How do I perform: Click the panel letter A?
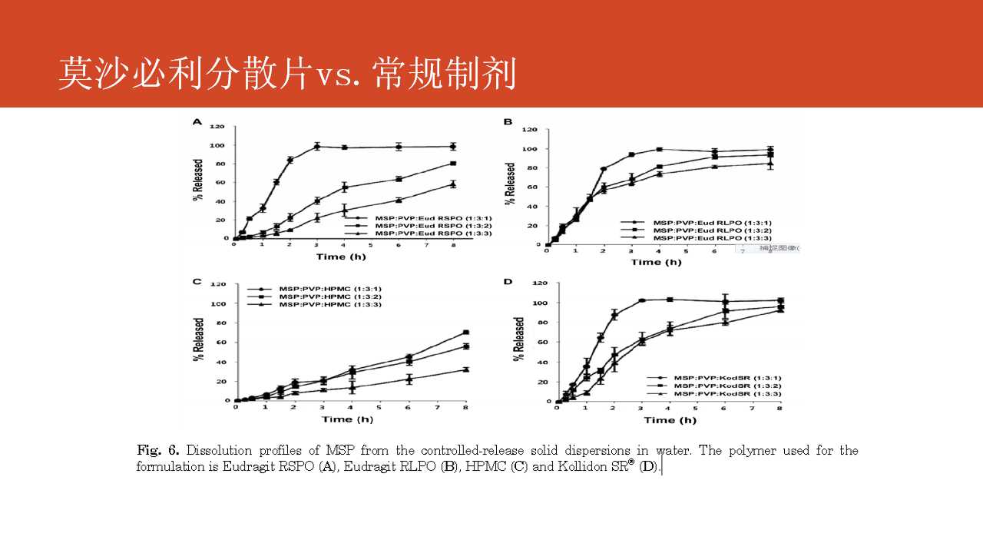197,122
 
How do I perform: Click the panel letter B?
508,122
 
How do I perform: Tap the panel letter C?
197,282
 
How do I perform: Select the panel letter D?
508,282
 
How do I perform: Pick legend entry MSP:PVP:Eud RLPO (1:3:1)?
710,222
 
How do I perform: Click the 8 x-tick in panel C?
466,408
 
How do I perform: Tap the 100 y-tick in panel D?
540,303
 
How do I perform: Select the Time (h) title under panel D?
670,420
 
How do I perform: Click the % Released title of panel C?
198,341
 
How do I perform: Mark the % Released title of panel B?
511,186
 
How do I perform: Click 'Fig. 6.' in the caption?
158,450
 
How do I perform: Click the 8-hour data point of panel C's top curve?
466,333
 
